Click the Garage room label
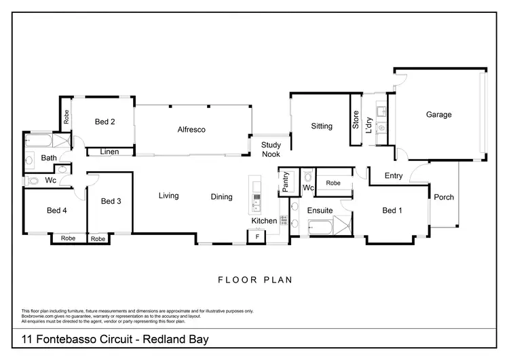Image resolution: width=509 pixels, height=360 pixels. pyautogui.click(x=438, y=115)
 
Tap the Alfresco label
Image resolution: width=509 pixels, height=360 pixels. pyautogui.click(x=191, y=130)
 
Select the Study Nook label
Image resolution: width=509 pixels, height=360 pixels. pyautogui.click(x=271, y=149)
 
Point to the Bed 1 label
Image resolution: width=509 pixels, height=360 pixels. pyautogui.click(x=392, y=211)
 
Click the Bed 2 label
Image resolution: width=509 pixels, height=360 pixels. pyautogui.click(x=105, y=122)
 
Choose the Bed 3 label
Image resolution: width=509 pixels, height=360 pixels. pyautogui.click(x=111, y=201)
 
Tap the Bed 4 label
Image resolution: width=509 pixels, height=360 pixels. pyautogui.click(x=55, y=211)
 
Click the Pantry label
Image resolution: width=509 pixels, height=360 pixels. pyautogui.click(x=286, y=183)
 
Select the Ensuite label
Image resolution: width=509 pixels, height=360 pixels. pyautogui.click(x=320, y=211)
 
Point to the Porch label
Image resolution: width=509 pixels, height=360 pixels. pyautogui.click(x=444, y=198)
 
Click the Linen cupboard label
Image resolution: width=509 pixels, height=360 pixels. pyautogui.click(x=109, y=151)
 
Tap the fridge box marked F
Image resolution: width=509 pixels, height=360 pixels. pyautogui.click(x=257, y=236)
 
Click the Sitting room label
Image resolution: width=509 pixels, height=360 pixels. pyautogui.click(x=322, y=126)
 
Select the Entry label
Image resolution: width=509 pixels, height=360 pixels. pyautogui.click(x=394, y=176)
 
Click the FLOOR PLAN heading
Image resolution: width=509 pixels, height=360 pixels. pyautogui.click(x=255, y=279)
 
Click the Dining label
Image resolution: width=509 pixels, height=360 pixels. pyautogui.click(x=221, y=197)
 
